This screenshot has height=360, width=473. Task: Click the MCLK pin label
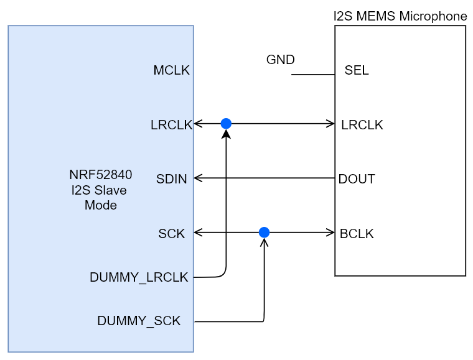click(171, 71)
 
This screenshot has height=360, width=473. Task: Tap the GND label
click(280, 60)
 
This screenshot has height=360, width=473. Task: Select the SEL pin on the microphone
click(357, 71)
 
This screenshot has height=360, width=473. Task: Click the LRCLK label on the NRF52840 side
click(171, 125)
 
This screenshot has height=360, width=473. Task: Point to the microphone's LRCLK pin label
click(362, 125)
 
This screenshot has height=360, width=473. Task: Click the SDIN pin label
click(172, 180)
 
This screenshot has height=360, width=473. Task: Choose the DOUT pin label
click(357, 180)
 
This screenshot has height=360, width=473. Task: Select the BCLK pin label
click(357, 234)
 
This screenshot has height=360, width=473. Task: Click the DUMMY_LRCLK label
click(139, 278)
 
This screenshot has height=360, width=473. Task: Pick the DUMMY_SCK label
click(139, 321)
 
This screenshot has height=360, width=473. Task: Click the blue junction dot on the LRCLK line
click(226, 124)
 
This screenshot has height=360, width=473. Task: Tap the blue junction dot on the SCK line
click(264, 233)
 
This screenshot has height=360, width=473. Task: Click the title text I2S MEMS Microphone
click(400, 16)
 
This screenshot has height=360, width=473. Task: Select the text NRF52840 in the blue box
click(100, 175)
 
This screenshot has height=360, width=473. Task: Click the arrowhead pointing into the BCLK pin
click(330, 233)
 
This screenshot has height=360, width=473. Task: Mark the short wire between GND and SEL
click(313, 75)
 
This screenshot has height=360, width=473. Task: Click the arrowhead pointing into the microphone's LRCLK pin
click(330, 124)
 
